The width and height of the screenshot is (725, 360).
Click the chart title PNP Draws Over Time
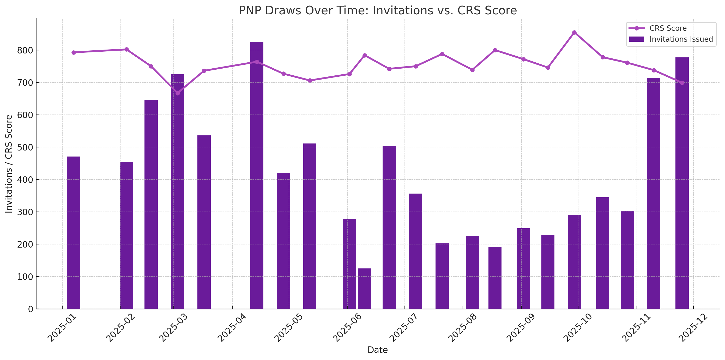tap(377, 11)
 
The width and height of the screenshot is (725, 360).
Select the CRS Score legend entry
tap(668, 28)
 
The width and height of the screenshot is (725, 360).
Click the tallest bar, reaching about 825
tap(257, 175)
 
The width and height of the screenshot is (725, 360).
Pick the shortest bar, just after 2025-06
tap(365, 289)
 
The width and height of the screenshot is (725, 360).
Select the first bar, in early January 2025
tap(74, 232)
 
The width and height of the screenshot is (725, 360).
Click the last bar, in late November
tap(682, 183)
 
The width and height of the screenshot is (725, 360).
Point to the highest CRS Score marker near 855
tap(574, 33)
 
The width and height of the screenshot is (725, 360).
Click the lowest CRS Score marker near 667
tap(177, 93)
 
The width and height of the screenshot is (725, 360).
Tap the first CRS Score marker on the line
tap(74, 52)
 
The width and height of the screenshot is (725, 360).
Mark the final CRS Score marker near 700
tap(682, 83)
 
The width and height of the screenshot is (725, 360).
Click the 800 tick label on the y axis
tap(25, 51)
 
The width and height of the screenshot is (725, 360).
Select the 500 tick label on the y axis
tap(25, 147)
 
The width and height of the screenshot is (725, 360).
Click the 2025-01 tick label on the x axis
tap(62, 328)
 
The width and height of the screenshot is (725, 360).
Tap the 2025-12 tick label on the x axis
tap(693, 328)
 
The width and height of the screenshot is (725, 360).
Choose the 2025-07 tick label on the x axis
tap(404, 328)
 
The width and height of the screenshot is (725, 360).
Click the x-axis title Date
tap(377, 350)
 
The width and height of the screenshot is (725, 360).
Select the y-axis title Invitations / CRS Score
tap(9, 164)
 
